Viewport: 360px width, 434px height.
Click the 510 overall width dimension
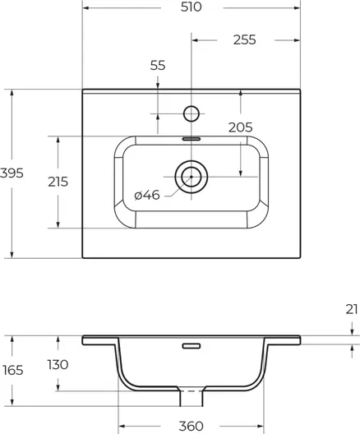click(192, 7)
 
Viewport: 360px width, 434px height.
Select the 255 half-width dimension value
click(245, 39)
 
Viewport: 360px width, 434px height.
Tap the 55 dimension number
click(158, 65)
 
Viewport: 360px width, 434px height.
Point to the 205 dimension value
click(241, 127)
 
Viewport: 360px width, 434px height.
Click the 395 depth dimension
click(12, 173)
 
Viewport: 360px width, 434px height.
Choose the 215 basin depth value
click(58, 182)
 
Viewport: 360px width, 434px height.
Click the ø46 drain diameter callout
click(147, 195)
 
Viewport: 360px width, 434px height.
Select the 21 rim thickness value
click(352, 309)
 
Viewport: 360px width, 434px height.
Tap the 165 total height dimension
click(12, 370)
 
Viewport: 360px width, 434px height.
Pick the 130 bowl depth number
click(58, 364)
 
